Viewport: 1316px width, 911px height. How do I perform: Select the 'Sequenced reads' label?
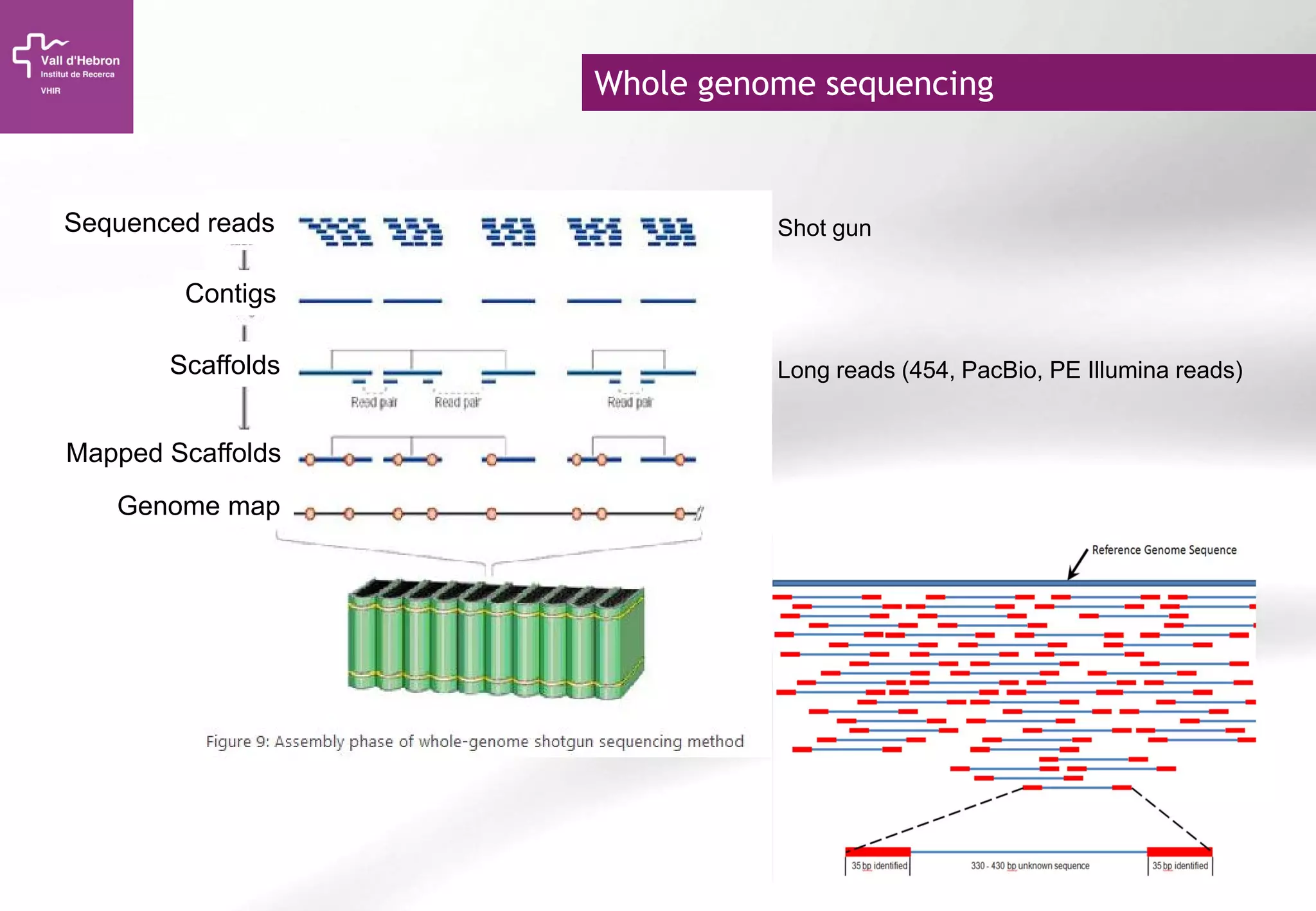point(169,223)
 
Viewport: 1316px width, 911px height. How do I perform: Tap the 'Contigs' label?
point(230,294)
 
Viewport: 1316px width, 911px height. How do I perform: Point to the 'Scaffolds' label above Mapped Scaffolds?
point(224,365)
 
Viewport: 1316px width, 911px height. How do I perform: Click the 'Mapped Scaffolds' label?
point(173,453)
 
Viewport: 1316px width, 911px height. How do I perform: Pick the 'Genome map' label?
point(198,506)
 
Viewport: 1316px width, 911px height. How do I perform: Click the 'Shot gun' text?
point(824,228)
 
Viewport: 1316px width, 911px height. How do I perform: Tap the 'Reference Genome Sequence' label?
point(1164,550)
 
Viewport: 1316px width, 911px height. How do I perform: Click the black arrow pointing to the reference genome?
point(1078,563)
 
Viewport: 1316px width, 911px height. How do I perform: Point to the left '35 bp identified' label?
point(878,866)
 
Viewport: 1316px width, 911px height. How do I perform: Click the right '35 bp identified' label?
point(1179,866)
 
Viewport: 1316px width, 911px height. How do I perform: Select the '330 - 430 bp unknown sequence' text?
point(1029,866)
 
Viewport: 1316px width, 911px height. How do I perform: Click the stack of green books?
point(495,639)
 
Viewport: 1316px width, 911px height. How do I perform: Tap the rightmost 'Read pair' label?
point(630,402)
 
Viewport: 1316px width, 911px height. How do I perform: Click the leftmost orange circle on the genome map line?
point(310,513)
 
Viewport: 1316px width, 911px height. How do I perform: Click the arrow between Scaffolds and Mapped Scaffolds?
point(244,407)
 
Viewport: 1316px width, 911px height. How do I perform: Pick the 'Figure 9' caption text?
point(474,741)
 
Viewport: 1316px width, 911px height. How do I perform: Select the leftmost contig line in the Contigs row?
point(335,301)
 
